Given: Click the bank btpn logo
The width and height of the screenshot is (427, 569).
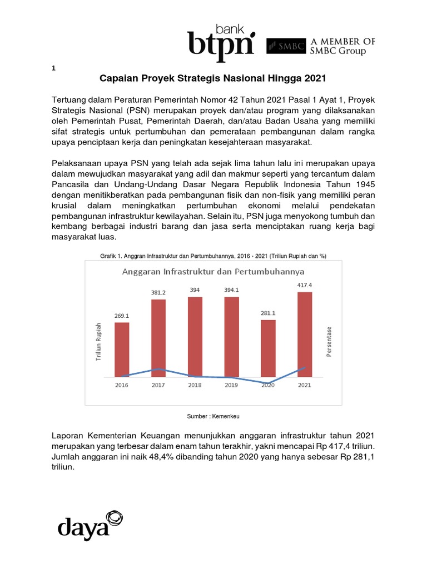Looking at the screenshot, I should pyautogui.click(x=221, y=41).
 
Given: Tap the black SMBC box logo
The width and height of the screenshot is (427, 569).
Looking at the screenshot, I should pyautogui.click(x=286, y=47).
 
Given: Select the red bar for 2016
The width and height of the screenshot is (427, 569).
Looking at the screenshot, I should pyautogui.click(x=122, y=350).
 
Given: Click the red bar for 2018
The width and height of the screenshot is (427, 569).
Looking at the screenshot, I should pyautogui.click(x=195, y=337).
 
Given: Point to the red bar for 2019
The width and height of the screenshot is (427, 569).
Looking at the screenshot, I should pyautogui.click(x=231, y=337).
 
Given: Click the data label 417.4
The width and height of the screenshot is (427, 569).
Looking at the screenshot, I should pyautogui.click(x=305, y=285).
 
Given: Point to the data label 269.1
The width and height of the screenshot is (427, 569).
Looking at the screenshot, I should pyautogui.click(x=122, y=315).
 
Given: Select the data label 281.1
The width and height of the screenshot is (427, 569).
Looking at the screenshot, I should pyautogui.click(x=268, y=313).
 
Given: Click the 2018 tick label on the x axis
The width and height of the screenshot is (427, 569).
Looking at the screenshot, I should pyautogui.click(x=195, y=385).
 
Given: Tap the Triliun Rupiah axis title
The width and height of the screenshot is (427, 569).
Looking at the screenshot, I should pyautogui.click(x=98, y=342).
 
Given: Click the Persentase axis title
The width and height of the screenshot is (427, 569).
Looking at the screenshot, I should pyautogui.click(x=329, y=342).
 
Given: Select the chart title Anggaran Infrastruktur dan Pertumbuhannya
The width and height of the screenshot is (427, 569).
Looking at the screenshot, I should pyautogui.click(x=213, y=272).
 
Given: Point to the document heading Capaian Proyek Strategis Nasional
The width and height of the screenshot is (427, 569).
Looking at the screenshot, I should pyautogui.click(x=211, y=78).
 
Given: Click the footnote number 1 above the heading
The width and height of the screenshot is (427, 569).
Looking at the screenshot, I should pyautogui.click(x=53, y=68).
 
